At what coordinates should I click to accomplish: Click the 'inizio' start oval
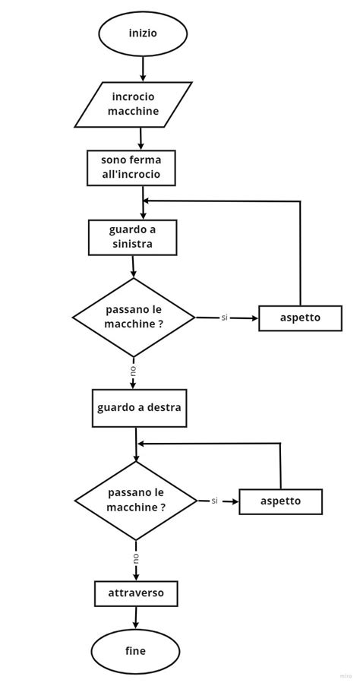click(143, 33)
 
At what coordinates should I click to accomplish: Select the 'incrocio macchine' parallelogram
click(133, 104)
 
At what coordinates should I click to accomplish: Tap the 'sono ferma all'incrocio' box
click(131, 168)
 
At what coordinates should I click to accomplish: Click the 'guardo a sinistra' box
click(132, 237)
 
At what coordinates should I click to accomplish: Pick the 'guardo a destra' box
click(139, 408)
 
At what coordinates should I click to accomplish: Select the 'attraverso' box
click(136, 593)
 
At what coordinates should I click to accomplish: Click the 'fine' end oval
click(135, 651)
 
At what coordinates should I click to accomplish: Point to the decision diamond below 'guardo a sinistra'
click(134, 317)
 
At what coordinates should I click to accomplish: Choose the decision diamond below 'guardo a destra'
click(136, 501)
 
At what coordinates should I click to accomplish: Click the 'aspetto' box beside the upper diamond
click(300, 318)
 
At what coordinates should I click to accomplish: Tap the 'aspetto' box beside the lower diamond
click(280, 501)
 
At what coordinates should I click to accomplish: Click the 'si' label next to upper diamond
click(225, 318)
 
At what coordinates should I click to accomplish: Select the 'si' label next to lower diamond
click(215, 501)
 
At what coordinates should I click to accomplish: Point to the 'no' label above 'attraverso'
click(136, 557)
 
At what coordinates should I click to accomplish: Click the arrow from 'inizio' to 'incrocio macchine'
click(143, 69)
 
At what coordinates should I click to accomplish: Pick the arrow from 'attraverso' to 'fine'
click(136, 618)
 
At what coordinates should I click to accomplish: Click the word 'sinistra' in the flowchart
click(132, 245)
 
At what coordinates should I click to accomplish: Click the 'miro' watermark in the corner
click(346, 675)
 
